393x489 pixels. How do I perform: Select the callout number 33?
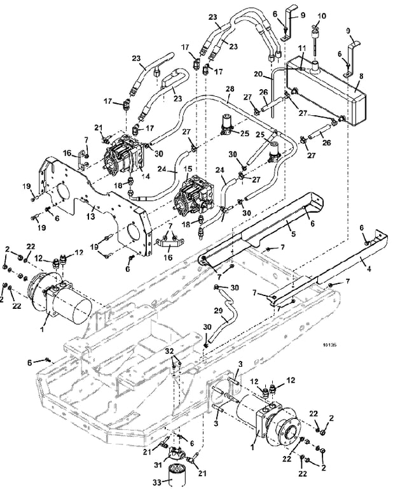[x=157, y=483]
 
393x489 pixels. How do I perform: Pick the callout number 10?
[x=322, y=15]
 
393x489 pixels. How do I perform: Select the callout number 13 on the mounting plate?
[x=90, y=216]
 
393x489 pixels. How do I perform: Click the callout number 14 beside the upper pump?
[x=145, y=176]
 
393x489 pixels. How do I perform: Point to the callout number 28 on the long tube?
[x=230, y=89]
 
